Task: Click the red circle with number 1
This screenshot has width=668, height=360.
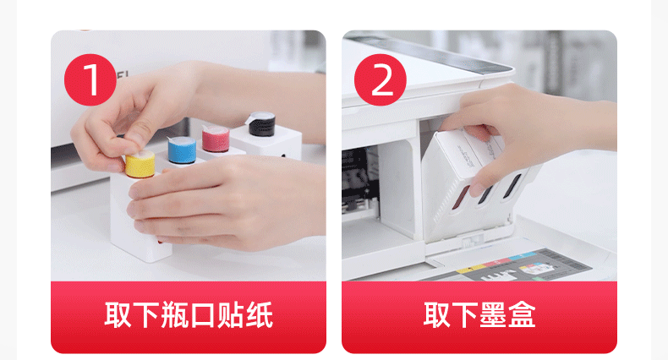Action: [90, 79]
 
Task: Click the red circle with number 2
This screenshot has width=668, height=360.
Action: [380, 79]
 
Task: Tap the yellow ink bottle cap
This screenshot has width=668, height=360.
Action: [140, 165]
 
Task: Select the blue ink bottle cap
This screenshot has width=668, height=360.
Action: [182, 150]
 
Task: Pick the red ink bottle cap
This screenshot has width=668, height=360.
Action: [216, 139]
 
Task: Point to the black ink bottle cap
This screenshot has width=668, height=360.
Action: [261, 124]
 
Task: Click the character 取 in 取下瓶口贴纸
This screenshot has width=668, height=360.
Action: [118, 315]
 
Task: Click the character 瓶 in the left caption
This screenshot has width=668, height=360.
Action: [174, 315]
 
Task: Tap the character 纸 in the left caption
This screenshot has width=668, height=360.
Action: [259, 315]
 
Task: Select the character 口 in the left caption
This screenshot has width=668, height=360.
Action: [202, 315]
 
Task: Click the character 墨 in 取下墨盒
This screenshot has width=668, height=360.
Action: [493, 315]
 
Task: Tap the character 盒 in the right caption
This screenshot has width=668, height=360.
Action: [522, 315]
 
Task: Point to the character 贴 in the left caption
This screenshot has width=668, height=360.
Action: [231, 315]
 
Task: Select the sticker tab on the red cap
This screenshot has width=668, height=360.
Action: [206, 129]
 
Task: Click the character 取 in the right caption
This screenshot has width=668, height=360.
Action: [437, 315]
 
